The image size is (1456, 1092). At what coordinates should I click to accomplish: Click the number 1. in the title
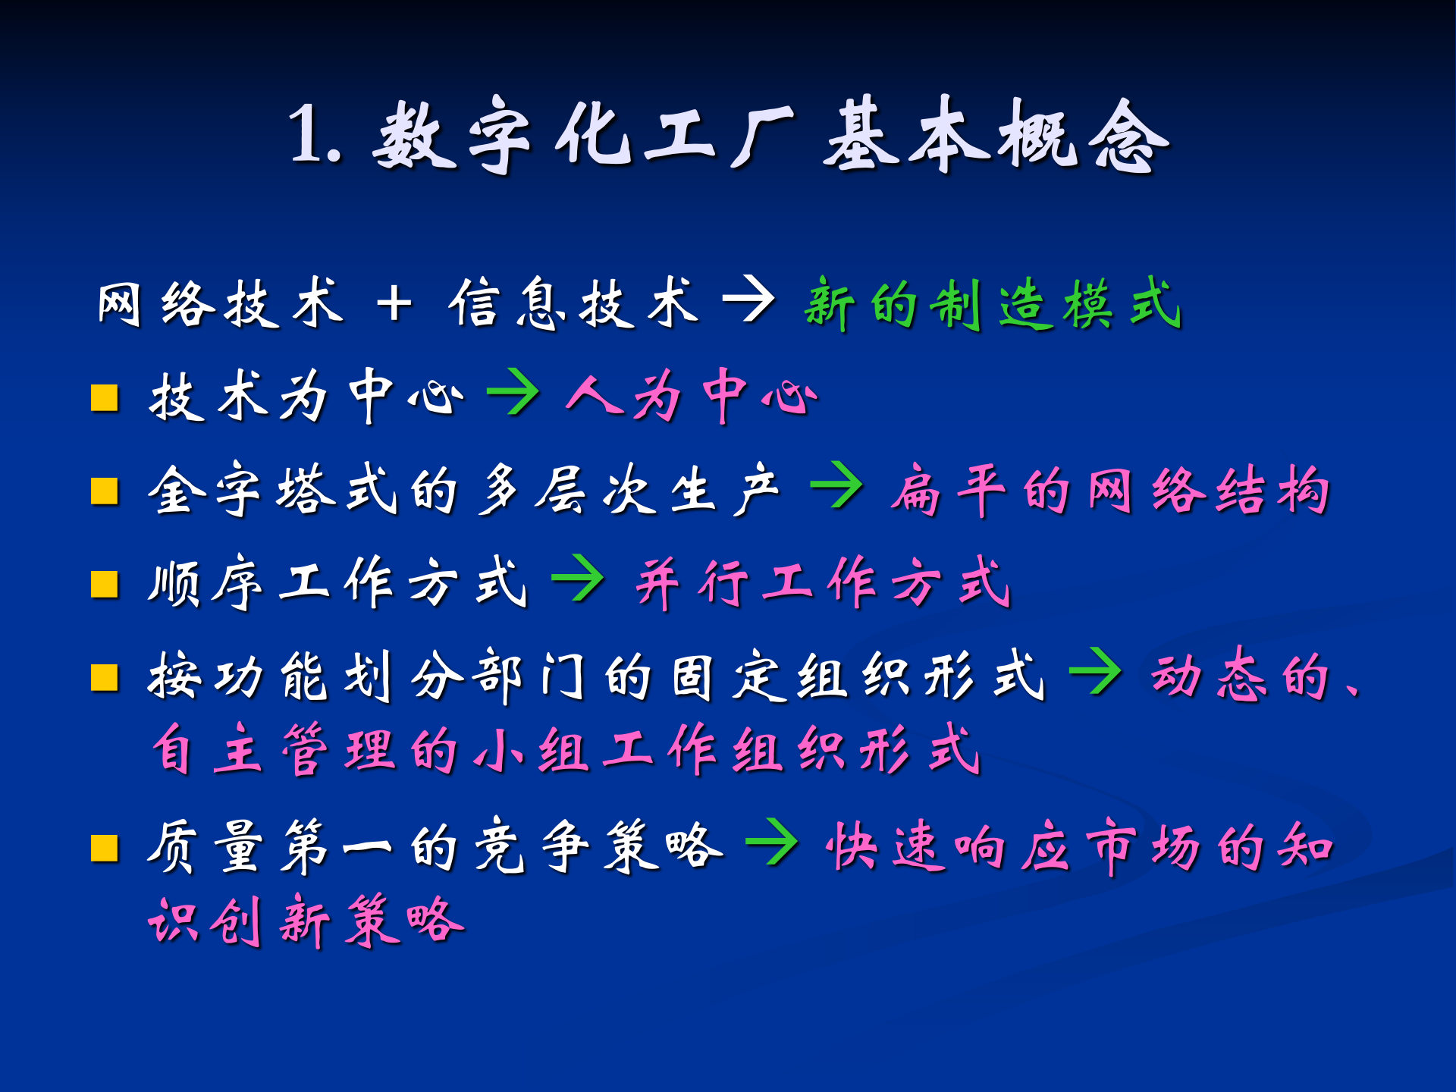click(314, 135)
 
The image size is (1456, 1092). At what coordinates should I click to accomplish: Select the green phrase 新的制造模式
click(992, 303)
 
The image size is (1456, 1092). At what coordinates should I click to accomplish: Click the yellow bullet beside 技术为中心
click(105, 397)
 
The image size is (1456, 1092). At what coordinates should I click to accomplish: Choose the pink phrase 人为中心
click(692, 396)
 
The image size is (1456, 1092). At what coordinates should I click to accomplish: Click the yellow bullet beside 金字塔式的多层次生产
click(105, 491)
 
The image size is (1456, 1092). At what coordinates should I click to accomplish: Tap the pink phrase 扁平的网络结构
click(1109, 490)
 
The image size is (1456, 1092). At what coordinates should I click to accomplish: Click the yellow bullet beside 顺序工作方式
click(105, 585)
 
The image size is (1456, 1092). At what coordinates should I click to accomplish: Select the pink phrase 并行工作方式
click(823, 582)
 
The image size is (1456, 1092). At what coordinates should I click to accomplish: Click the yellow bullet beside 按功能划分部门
click(105, 678)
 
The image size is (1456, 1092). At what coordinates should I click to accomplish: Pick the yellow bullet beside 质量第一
click(105, 849)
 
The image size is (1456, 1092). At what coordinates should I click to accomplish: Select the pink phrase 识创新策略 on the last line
click(306, 921)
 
